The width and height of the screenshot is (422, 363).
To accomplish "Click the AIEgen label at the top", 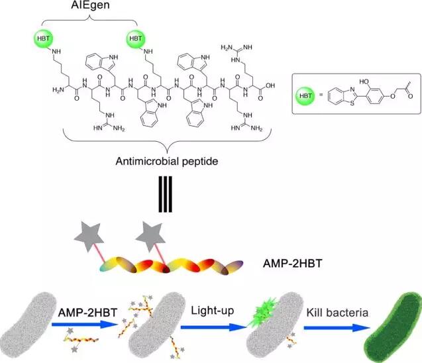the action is (90, 5).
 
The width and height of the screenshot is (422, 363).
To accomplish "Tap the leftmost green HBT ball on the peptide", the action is (43, 38).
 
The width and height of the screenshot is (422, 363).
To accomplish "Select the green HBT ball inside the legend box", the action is (305, 96).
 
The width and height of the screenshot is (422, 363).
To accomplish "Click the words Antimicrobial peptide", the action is (167, 162).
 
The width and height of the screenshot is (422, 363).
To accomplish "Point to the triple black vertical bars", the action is (165, 194).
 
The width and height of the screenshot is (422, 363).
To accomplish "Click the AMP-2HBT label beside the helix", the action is (293, 264).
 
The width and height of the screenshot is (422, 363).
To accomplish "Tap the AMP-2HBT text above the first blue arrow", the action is (87, 313).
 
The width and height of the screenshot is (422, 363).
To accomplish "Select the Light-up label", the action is (213, 311).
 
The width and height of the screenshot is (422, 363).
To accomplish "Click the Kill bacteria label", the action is (337, 313).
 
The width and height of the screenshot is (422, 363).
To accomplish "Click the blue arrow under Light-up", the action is (214, 327).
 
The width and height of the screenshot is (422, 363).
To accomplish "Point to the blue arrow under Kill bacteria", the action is (337, 328).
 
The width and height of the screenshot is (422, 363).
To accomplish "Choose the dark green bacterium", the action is (393, 327).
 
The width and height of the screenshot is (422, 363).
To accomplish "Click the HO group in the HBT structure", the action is (364, 81).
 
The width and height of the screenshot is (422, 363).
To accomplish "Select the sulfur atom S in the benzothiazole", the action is (352, 103).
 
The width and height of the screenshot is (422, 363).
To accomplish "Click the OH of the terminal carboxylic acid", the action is (270, 85).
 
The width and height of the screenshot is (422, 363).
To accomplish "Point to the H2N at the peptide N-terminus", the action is (58, 89).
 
